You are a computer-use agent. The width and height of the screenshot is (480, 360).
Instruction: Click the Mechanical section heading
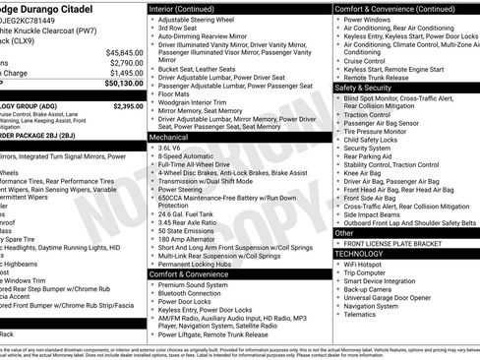170,139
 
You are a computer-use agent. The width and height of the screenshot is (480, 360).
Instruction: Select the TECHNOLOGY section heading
359,253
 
